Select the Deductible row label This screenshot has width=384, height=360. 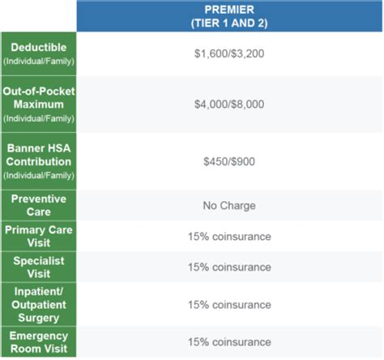[39, 47]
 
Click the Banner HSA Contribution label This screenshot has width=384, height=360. [39, 155]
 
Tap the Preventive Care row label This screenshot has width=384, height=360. [39, 205]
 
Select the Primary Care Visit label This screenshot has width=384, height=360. [39, 236]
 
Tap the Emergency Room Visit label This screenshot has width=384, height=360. [39, 342]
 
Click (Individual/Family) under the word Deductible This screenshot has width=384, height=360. [39, 61]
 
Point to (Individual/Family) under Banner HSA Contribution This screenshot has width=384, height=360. [39, 175]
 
